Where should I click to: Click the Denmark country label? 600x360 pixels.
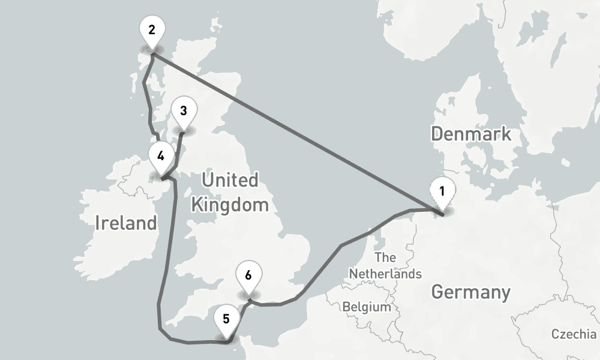tap(471, 133)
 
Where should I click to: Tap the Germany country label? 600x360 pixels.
tap(471, 293)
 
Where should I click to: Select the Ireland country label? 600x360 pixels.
tap(126, 223)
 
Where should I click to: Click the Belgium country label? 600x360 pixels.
tap(367, 307)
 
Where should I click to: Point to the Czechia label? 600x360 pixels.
tap(574, 334)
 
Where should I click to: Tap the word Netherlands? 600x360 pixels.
tap(385, 274)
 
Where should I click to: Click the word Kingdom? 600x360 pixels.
tap(229, 205)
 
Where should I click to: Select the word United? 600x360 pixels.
tap(229, 180)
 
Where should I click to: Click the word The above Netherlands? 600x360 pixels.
tap(385, 258)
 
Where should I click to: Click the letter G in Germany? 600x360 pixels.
tap(439, 293)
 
